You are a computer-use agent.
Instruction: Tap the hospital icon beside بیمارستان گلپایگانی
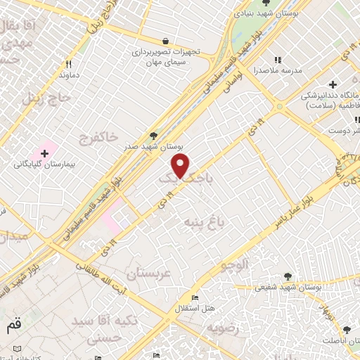click(45, 153)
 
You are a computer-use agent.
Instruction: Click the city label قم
click(13, 326)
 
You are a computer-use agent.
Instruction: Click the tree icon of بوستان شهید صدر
click(154, 136)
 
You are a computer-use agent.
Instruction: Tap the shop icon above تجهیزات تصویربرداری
click(165, 41)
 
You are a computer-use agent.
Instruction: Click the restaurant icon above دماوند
click(67, 63)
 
